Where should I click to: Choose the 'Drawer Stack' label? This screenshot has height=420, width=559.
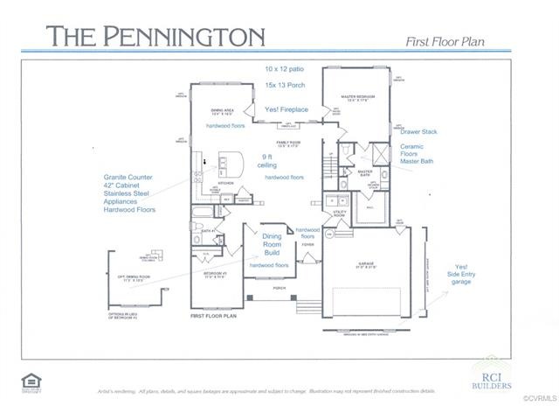click(x=419, y=131)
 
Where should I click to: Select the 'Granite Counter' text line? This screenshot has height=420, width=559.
click(x=128, y=176)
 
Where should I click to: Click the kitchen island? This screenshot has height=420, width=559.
click(x=231, y=164)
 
